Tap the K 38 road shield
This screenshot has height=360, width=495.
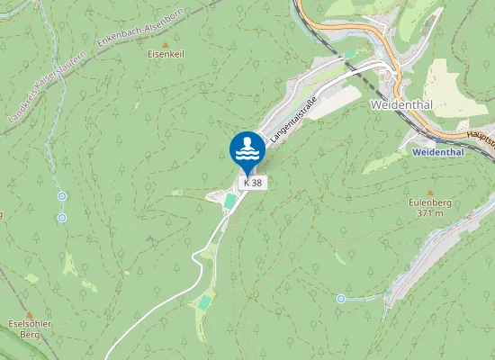pyautogui.click(x=253, y=183)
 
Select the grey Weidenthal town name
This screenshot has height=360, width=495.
pyautogui.click(x=401, y=105)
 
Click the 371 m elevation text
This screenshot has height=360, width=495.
pyautogui.click(x=428, y=214)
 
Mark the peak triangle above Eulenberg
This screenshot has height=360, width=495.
pyautogui.click(x=429, y=193)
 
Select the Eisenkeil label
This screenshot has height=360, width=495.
pyautogui.click(x=166, y=54)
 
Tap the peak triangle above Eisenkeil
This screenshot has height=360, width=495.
pyautogui.click(x=165, y=43)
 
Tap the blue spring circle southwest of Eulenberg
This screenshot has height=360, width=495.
pyautogui.click(x=341, y=298)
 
